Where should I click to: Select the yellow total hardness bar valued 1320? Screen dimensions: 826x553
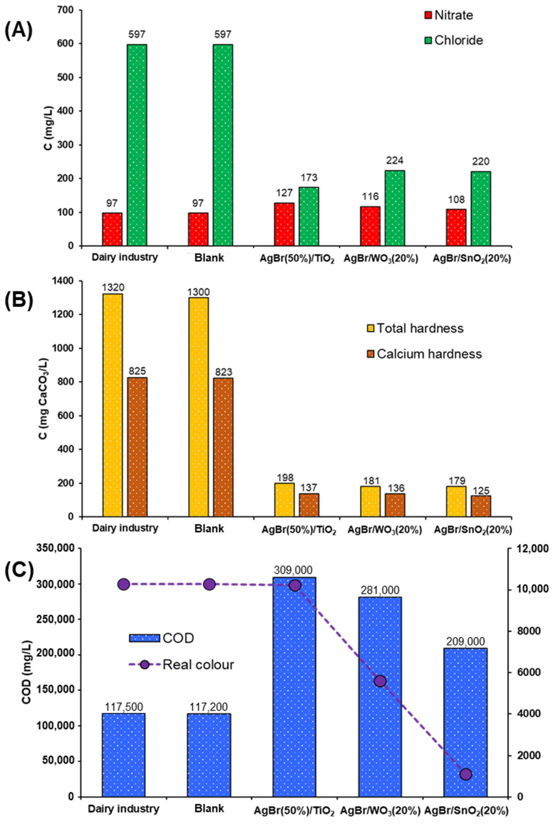(x=113, y=405)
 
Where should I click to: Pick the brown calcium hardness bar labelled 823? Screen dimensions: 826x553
(x=223, y=447)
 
